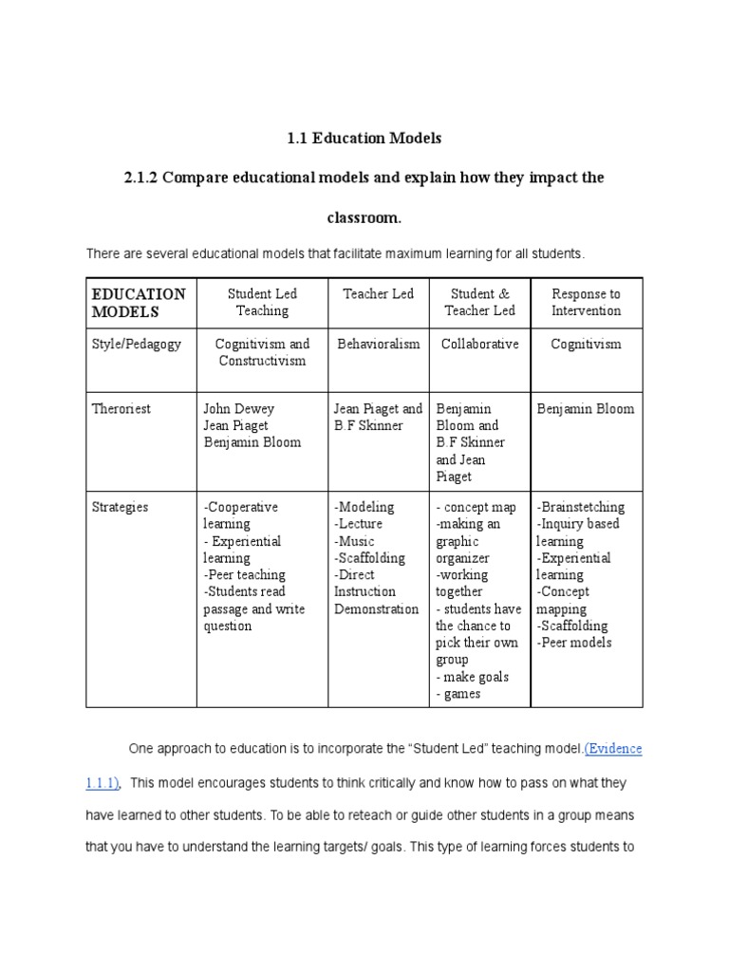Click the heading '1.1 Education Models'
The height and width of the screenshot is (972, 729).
click(x=364, y=138)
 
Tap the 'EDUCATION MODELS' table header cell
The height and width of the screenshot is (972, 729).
click(x=139, y=302)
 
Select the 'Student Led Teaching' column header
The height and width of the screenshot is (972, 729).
click(x=262, y=302)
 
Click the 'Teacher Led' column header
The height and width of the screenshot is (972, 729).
click(x=378, y=294)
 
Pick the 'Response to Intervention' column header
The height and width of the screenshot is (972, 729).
click(x=586, y=302)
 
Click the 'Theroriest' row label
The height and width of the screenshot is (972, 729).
click(x=121, y=408)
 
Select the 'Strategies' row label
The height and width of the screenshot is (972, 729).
click(x=121, y=507)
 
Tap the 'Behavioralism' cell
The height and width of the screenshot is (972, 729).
click(x=378, y=344)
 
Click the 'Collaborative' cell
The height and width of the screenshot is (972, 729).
click(x=479, y=344)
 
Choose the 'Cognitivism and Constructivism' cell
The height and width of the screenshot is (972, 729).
click(x=262, y=352)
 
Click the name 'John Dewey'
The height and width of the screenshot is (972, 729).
click(x=238, y=408)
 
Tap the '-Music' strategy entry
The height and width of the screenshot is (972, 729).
click(x=355, y=541)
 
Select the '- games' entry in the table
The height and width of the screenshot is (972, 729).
click(x=458, y=694)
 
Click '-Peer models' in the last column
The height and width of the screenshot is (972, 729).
click(x=574, y=643)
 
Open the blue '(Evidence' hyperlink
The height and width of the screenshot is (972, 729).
click(x=613, y=749)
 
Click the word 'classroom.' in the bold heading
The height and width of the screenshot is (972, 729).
click(x=364, y=218)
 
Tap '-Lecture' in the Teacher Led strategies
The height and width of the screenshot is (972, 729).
click(x=359, y=524)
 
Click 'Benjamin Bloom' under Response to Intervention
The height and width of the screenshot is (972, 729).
click(x=586, y=408)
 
